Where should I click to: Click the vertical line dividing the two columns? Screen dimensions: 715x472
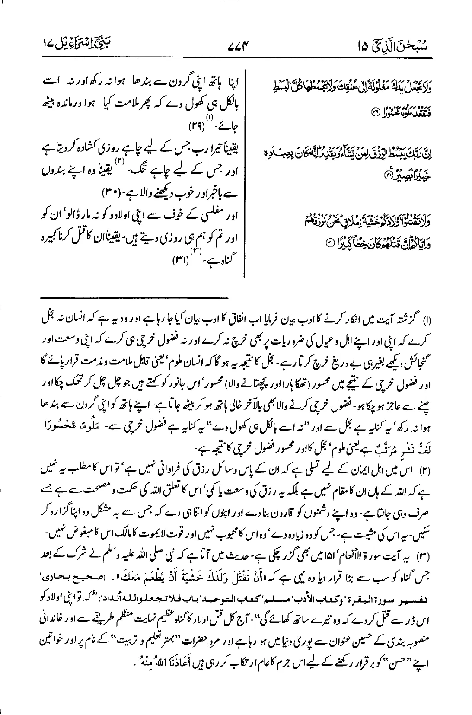click(x=245, y=173)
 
